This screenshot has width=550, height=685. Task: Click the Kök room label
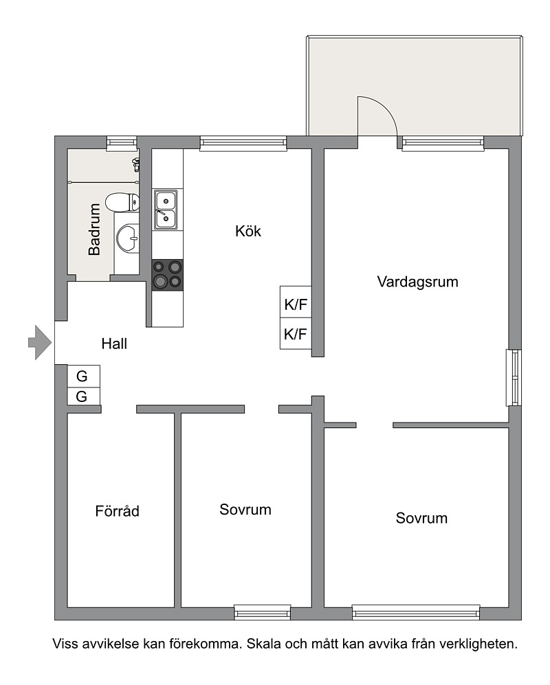point(248,231)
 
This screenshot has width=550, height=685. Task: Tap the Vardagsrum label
point(417,282)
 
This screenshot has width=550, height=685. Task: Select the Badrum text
point(94,229)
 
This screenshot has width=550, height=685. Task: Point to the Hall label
point(114,344)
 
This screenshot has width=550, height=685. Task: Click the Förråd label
point(117,510)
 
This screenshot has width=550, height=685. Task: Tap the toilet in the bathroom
point(123,202)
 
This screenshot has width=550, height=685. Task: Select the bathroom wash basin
point(128,238)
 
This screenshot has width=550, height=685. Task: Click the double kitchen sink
point(166,210)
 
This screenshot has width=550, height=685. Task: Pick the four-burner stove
point(168,275)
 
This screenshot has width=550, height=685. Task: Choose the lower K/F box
point(296,334)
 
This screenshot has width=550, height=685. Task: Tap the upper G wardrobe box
point(83,376)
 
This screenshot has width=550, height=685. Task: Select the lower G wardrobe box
point(83,396)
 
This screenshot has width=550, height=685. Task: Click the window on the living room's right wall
point(514,377)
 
